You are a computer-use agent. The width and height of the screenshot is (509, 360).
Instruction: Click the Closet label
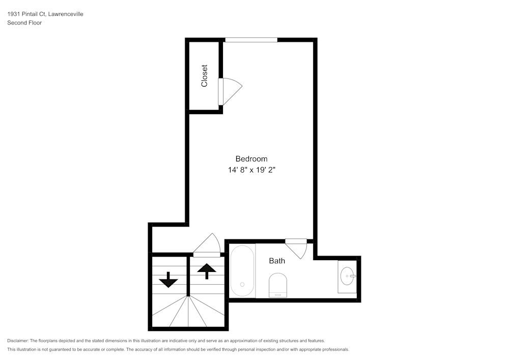(x=205, y=75)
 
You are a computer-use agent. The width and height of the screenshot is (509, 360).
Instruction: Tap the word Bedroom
(x=251, y=159)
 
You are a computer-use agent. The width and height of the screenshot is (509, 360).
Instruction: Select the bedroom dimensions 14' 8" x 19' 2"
(x=251, y=171)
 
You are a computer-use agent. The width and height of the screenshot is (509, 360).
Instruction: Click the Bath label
(x=277, y=261)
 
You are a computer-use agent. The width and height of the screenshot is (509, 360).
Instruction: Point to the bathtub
(x=242, y=271)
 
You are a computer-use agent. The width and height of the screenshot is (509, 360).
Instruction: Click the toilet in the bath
(x=278, y=285)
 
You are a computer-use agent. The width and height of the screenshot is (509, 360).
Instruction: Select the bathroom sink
(x=348, y=276)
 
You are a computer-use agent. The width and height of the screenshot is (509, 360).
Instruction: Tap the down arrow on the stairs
(x=168, y=280)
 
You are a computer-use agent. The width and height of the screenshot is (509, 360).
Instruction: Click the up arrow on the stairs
(x=206, y=271)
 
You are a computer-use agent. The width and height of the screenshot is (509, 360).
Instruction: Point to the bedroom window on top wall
(x=251, y=40)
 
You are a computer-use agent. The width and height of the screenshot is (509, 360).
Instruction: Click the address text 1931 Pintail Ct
(x=26, y=14)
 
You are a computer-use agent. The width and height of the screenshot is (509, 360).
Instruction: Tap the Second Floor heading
(x=24, y=23)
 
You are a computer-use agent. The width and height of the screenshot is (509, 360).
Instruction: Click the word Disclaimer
(x=18, y=341)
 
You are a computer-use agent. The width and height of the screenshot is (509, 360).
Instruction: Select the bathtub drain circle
(x=242, y=284)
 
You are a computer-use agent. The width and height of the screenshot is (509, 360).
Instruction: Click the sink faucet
(x=352, y=276)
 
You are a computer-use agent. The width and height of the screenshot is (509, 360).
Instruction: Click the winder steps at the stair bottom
(x=188, y=313)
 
